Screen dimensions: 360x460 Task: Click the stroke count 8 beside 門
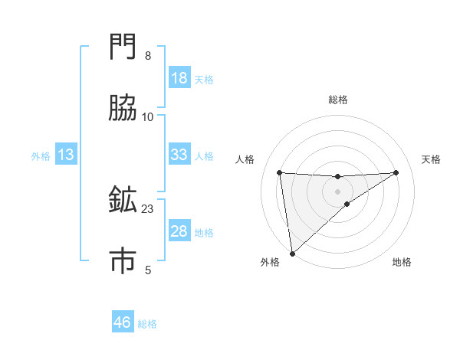coord(148,56)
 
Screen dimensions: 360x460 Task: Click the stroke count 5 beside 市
coord(148,270)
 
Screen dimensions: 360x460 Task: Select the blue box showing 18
coord(179,78)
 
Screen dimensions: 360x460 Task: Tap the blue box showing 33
coord(179,155)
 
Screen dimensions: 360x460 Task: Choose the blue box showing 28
coord(179,231)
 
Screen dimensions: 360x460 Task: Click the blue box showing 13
coord(66,155)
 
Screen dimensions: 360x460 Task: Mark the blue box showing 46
coord(122,322)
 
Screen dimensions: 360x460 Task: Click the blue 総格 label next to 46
coord(147,324)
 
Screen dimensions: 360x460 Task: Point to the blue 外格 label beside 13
coord(41,156)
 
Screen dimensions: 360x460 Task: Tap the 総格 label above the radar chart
coord(338,100)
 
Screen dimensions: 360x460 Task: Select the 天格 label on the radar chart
coord(431,159)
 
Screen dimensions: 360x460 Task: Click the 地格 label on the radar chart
coord(402,262)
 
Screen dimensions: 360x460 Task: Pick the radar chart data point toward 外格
coord(292,253)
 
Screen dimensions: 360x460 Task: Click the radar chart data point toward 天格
coord(396,172)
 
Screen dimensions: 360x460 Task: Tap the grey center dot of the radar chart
coord(338,191)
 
